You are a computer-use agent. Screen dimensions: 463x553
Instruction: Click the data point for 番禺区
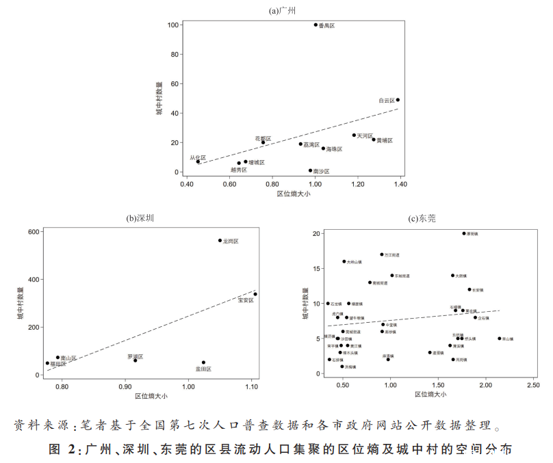coord(316,25)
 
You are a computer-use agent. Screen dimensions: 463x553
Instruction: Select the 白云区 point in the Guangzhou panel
coord(398,100)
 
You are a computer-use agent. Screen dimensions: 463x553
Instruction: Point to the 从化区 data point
coord(198,161)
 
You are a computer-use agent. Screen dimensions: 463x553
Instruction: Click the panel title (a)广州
coord(283,10)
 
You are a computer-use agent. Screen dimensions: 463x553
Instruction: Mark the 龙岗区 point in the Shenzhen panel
coord(220,241)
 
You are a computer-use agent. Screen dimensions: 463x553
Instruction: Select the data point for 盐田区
coord(203,362)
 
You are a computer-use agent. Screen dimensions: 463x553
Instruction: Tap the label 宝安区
coord(246,300)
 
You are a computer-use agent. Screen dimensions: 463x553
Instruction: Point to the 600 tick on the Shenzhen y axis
coord(33,233)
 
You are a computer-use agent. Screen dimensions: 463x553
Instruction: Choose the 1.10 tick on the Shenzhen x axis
coord(251,386)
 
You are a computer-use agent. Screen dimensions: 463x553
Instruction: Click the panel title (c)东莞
coord(422,219)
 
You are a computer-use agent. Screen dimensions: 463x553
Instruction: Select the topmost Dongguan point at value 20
coord(464,233)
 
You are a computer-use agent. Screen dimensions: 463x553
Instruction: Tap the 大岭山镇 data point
coord(344,261)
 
